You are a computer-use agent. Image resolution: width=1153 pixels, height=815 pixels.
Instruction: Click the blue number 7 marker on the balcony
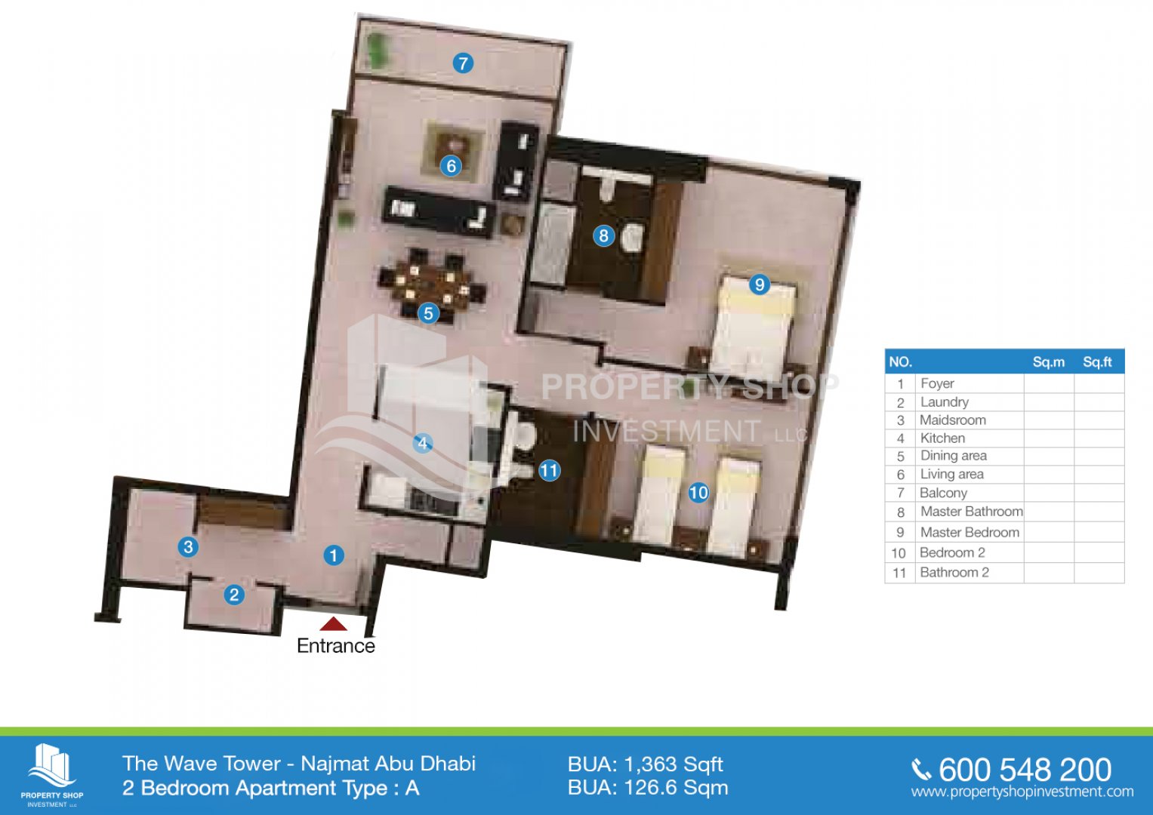click(463, 63)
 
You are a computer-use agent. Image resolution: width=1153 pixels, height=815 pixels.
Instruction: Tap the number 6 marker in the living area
click(451, 166)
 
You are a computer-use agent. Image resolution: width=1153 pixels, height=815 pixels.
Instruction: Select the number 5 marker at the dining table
click(428, 313)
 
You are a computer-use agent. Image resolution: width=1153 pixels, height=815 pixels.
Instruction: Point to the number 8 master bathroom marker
click(604, 235)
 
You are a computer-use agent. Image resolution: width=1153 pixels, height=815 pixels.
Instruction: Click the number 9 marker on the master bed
click(760, 284)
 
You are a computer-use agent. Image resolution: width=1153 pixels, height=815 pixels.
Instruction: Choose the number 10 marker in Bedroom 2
click(698, 493)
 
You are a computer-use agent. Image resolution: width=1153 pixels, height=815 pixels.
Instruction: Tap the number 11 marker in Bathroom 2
click(549, 470)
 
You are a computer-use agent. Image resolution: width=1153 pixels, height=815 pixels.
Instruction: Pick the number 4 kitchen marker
click(423, 443)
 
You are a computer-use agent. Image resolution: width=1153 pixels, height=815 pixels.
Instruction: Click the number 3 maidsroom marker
click(188, 546)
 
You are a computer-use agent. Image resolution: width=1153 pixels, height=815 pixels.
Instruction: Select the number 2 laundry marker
click(233, 595)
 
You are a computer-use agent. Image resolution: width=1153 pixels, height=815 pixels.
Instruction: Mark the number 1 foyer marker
click(334, 555)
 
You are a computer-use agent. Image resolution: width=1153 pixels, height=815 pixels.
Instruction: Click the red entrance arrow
click(334, 623)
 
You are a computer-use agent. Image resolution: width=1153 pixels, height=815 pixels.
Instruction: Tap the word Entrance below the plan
click(336, 646)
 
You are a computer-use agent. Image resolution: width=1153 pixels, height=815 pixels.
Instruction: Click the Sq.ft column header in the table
click(1097, 361)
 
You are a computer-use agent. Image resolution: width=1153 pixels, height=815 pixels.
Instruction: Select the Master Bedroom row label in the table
click(970, 532)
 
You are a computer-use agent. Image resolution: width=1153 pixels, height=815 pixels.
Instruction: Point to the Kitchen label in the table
click(942, 438)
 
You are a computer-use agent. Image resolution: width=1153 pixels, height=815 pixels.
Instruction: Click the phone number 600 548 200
click(1025, 770)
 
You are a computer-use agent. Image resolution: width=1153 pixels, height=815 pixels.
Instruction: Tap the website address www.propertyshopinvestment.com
click(1022, 792)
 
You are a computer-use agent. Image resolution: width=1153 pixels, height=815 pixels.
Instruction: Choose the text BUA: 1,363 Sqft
click(646, 764)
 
